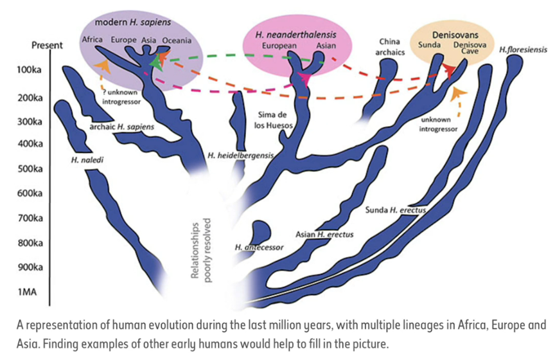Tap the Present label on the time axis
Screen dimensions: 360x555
coord(47,46)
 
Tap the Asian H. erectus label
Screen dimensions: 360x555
coord(324,235)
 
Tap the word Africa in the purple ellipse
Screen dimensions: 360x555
coord(93,40)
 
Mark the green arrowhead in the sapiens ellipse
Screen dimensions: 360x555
coord(153,63)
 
